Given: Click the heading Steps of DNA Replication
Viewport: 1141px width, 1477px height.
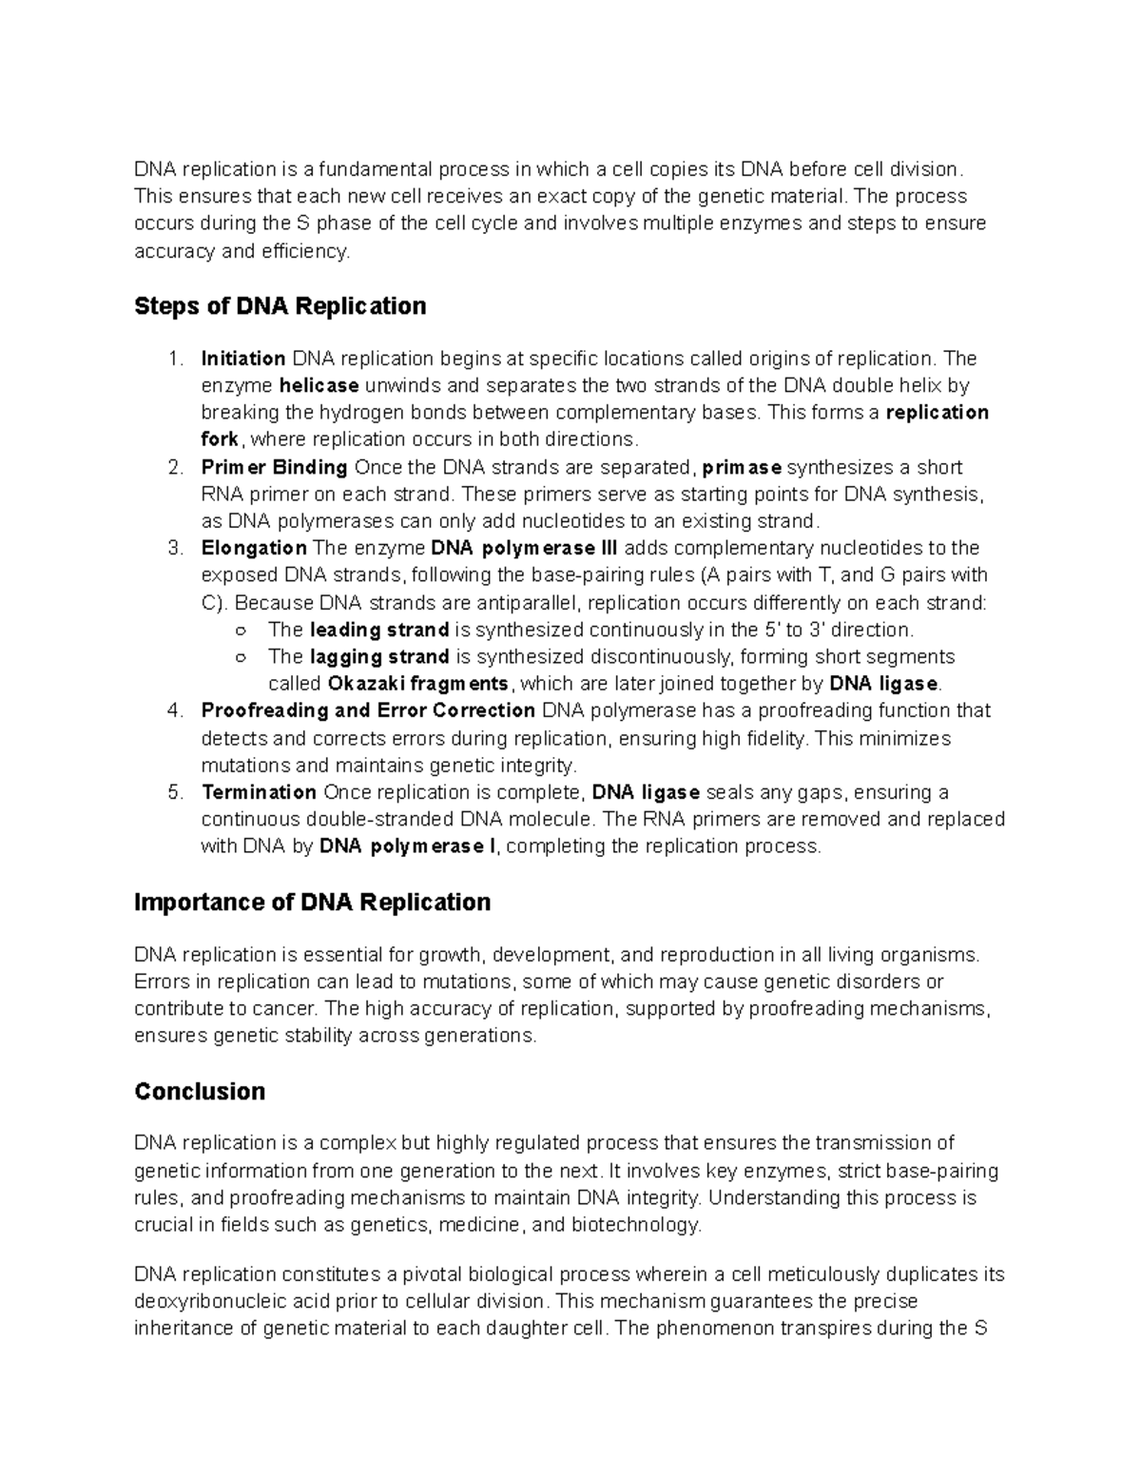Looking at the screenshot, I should pos(280,306).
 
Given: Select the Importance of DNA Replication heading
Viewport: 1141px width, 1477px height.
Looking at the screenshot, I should pos(312,902).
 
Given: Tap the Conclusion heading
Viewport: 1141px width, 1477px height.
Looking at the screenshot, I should pos(200,1091).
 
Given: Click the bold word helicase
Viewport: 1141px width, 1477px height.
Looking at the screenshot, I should pos(319,386).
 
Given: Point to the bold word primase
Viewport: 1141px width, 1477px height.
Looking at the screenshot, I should pos(741,468).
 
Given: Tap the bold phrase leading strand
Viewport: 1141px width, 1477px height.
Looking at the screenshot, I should pos(379,630).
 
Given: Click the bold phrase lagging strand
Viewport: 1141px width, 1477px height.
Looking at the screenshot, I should pos(379,657).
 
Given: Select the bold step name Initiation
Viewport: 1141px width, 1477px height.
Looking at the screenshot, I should pos(243,359).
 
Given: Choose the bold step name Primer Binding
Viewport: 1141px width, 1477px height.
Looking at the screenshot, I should pos(274,468).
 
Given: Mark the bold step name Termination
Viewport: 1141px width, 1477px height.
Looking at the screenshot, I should pos(259,792).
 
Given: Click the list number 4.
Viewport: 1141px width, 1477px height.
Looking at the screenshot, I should pos(173,711).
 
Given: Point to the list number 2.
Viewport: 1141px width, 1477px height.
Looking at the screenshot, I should pos(173,468).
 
